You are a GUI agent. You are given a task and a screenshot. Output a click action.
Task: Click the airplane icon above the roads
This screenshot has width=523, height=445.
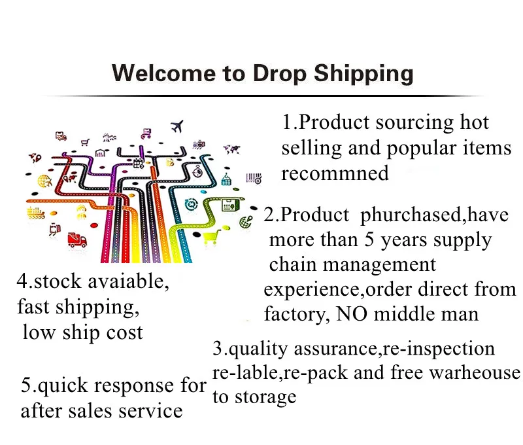click(x=177, y=126)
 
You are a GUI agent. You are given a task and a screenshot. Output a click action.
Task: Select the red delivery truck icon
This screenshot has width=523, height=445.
click(x=77, y=240)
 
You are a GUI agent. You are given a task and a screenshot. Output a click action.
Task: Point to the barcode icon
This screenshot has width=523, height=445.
click(x=254, y=178)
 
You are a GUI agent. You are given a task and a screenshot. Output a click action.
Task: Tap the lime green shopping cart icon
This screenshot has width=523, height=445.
click(x=211, y=236)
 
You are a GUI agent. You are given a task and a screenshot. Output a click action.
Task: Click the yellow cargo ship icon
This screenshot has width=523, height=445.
click(x=36, y=213)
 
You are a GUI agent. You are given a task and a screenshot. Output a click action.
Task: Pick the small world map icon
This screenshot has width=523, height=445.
click(x=231, y=149)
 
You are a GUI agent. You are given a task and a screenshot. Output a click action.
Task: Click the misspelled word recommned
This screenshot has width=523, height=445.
click(x=335, y=173)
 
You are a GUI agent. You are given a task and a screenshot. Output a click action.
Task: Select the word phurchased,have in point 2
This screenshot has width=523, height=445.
click(x=434, y=215)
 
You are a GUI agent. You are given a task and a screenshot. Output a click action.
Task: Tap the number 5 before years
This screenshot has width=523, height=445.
click(x=368, y=240)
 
